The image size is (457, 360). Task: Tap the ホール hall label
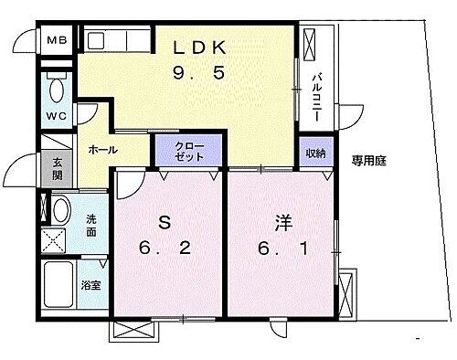[101, 148]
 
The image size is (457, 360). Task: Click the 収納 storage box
[314, 153]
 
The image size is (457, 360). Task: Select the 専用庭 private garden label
[369, 161]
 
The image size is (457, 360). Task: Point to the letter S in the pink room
[165, 222]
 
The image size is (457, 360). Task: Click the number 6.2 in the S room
[165, 248]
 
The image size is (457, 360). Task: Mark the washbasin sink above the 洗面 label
[60, 211]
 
